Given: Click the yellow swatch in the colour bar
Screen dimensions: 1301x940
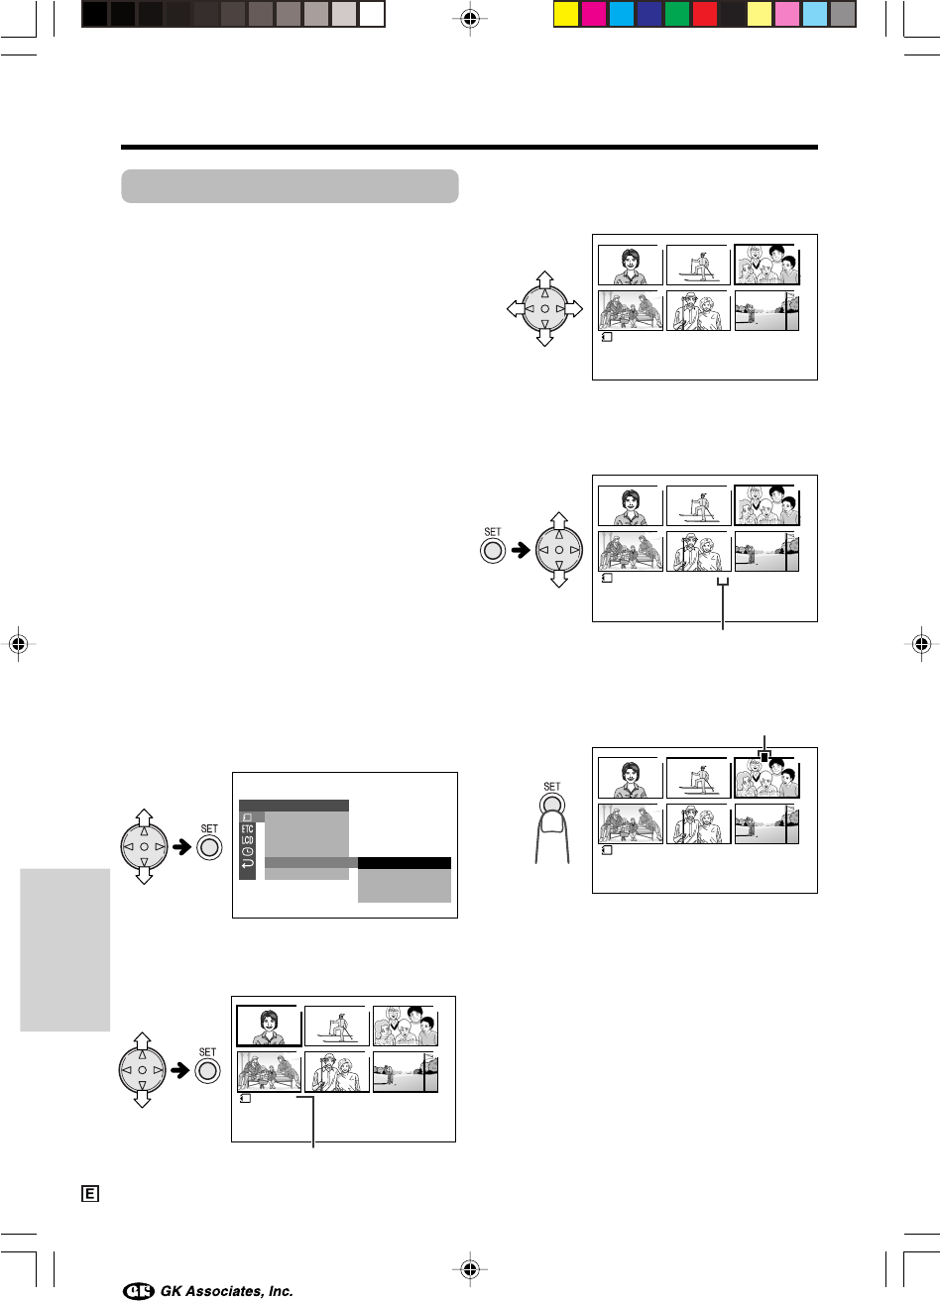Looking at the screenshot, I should point(565,14).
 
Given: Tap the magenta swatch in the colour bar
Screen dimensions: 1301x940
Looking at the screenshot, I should point(593,14).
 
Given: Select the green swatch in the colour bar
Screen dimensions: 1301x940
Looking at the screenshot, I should point(677,14).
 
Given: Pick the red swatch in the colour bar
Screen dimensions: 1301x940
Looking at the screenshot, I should point(705,14).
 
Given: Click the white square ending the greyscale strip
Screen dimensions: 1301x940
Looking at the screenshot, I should point(372,14).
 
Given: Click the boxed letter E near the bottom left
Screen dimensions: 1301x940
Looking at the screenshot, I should point(89,1194).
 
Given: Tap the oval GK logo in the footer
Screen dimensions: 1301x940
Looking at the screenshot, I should point(139,1291).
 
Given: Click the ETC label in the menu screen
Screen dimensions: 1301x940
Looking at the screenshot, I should point(247,829).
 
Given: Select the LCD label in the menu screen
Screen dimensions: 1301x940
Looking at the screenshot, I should point(247,840).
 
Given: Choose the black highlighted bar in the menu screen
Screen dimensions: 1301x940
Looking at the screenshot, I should point(404,863).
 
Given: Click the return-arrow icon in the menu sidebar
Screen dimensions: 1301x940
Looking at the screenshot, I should point(247,863).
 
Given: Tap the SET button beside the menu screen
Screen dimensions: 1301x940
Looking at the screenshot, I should point(208,848).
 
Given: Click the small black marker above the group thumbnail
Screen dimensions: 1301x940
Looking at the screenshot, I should point(764,757).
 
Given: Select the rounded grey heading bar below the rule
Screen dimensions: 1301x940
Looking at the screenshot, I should point(290,186).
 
